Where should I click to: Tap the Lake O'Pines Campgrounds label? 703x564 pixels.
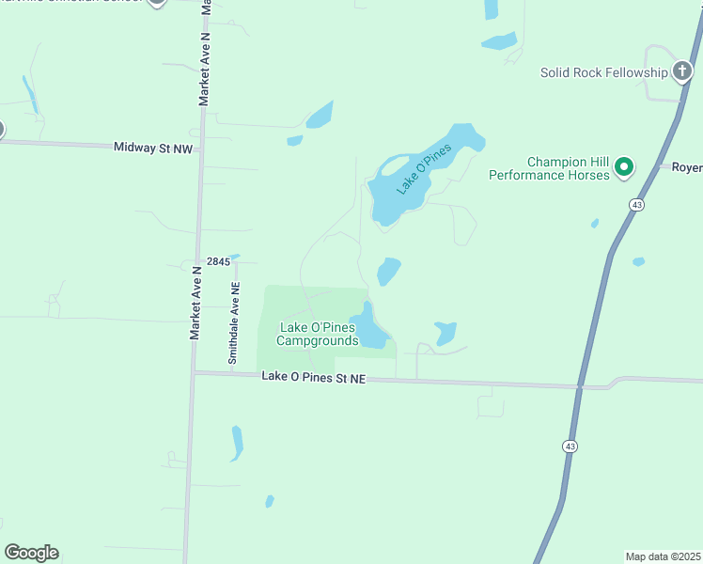318,334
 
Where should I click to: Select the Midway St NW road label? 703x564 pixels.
152,148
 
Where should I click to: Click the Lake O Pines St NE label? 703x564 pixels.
313,377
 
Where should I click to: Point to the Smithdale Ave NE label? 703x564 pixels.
234,323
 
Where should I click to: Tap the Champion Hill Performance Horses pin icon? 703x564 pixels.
623,168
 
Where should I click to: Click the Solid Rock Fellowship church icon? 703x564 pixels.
683,72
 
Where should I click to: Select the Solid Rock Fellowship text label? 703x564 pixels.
604,72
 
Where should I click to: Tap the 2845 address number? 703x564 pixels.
217,261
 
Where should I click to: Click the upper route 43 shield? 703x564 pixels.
637,204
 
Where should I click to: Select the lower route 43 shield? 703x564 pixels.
570,446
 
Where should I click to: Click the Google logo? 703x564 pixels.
31,553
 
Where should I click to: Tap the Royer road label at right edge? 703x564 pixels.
686,167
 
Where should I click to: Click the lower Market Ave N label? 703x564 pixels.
195,303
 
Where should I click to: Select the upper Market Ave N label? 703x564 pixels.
204,68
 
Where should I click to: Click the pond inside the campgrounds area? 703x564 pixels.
369,328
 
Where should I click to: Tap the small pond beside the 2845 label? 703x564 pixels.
234,256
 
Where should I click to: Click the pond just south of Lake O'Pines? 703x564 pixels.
388,271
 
